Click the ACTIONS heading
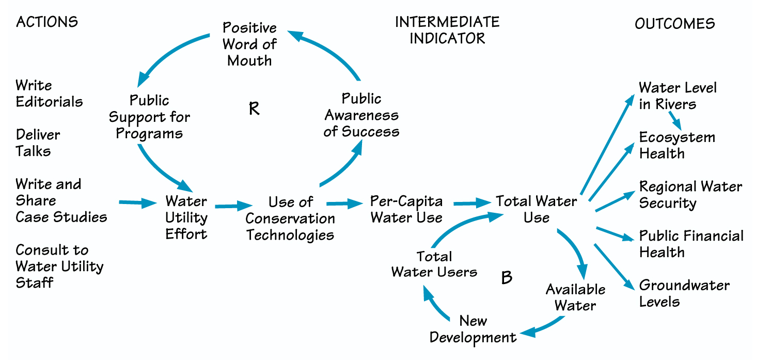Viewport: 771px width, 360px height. [47, 22]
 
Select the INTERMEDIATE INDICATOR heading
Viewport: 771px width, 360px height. [447, 30]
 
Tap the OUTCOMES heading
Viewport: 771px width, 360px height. [674, 24]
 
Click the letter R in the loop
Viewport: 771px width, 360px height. [254, 109]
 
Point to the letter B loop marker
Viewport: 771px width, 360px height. [507, 278]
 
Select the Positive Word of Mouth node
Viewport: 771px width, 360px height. [250, 44]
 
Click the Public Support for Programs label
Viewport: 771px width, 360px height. [149, 117]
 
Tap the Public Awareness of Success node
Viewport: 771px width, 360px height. [361, 115]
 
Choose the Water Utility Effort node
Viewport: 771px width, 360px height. [186, 217]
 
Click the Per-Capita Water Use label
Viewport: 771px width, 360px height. [406, 209]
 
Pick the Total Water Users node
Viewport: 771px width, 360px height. [434, 264]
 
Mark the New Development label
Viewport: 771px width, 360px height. [473, 329]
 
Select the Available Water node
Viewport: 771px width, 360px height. [575, 297]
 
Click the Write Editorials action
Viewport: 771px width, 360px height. [49, 93]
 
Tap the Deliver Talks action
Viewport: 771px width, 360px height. [38, 143]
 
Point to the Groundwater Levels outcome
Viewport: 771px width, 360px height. [684, 293]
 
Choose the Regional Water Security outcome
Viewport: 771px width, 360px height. [690, 194]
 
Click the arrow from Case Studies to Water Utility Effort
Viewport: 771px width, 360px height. [138, 202]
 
